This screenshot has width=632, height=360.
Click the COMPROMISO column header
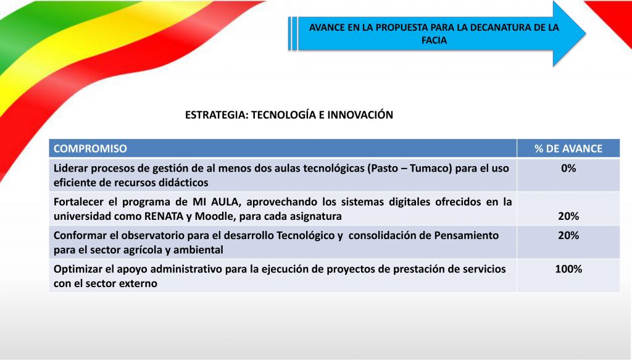(90, 149)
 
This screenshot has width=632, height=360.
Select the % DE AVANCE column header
(568, 149)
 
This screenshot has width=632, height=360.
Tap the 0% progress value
(568, 168)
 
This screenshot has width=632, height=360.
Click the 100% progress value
(568, 269)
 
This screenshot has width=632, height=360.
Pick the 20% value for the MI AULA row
(568, 216)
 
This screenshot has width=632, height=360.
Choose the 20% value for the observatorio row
(568, 235)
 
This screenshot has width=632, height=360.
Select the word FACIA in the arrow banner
(434, 40)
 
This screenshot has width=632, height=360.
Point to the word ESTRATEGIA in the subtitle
(217, 115)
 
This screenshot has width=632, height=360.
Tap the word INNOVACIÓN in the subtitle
(360, 115)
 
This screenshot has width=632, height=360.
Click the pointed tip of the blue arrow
(585, 33)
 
